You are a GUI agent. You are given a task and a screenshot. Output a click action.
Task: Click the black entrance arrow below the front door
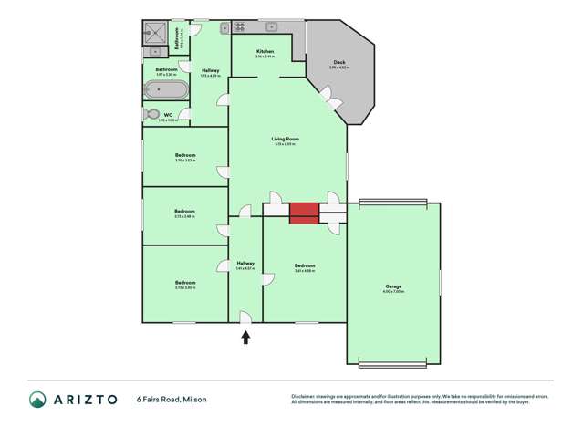pyautogui.click(x=245, y=337)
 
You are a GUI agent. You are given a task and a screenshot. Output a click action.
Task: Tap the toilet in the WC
pyautogui.click(x=152, y=114)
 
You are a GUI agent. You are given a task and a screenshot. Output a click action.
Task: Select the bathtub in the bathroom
pyautogui.click(x=166, y=90)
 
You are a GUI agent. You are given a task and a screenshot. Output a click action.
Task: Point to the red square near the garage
pyautogui.click(x=304, y=212)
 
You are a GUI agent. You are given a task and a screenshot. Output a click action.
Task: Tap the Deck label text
pyautogui.click(x=338, y=62)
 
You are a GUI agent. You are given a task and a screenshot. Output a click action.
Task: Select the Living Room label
pyautogui.click(x=286, y=139)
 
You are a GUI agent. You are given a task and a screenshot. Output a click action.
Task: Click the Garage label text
pyautogui.click(x=393, y=286)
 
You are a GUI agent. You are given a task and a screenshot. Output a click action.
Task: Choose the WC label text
pyautogui.click(x=169, y=115)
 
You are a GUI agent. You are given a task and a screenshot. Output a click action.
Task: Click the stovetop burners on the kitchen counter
pyautogui.click(x=239, y=26)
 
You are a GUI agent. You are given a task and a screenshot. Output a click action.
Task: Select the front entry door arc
pyautogui.click(x=245, y=317)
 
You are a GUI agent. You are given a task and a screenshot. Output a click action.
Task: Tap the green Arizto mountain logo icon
pyautogui.click(x=38, y=400)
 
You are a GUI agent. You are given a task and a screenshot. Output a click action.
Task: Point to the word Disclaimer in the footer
pyautogui.click(x=304, y=396)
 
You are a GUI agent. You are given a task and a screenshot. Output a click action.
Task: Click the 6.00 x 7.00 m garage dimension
pyautogui.click(x=393, y=292)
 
